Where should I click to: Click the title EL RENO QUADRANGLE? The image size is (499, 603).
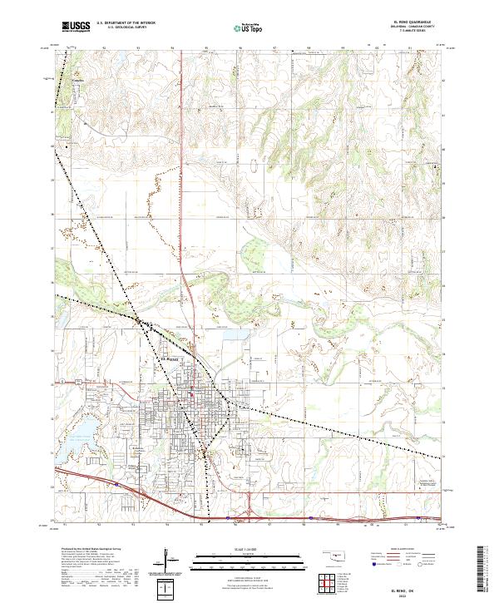click(x=419, y=22)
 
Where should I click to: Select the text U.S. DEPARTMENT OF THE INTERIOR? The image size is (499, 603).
click(x=126, y=23)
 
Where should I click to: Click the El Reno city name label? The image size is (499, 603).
click(x=170, y=358)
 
